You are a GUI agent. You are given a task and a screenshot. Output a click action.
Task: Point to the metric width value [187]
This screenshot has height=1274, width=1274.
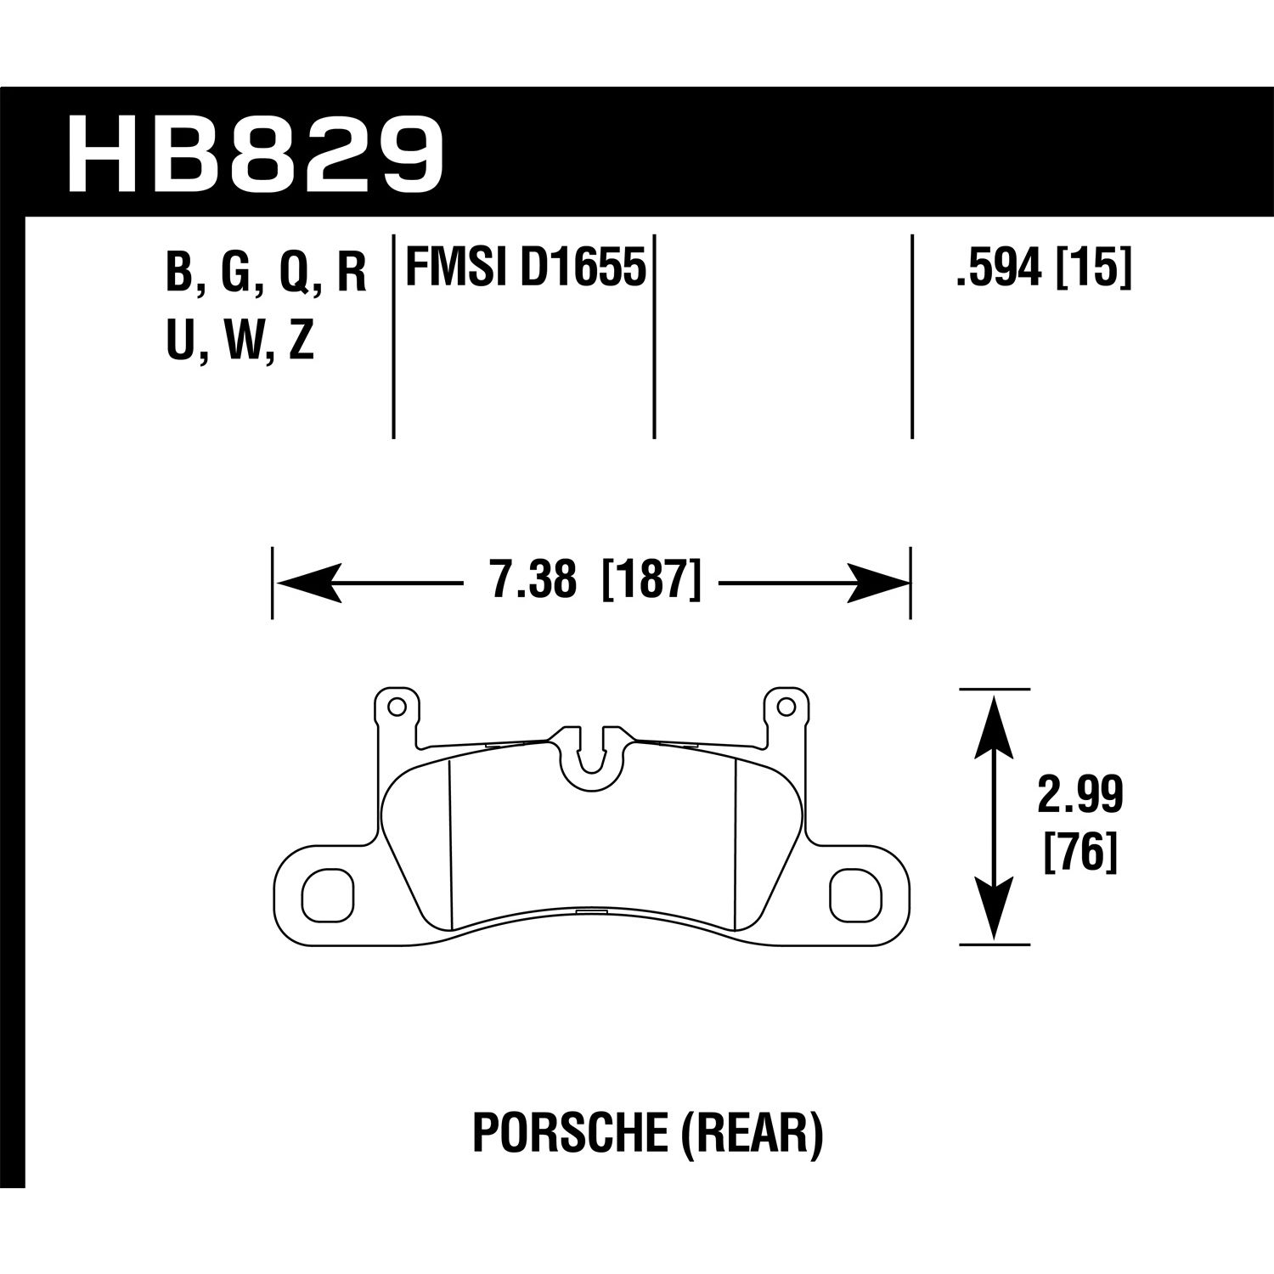(651, 583)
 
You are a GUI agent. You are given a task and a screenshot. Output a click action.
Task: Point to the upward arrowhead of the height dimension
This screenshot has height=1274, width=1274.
(995, 722)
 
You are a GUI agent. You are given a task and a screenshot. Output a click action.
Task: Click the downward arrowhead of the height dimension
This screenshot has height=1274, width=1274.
(995, 910)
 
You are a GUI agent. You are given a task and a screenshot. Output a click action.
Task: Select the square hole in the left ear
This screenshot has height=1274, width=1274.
(327, 893)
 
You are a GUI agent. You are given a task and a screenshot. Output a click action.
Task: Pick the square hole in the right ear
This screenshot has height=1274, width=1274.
(854, 893)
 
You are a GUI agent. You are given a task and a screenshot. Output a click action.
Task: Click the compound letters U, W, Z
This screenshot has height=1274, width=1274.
(241, 344)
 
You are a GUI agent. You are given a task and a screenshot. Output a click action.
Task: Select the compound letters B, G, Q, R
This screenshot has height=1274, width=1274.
(266, 274)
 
